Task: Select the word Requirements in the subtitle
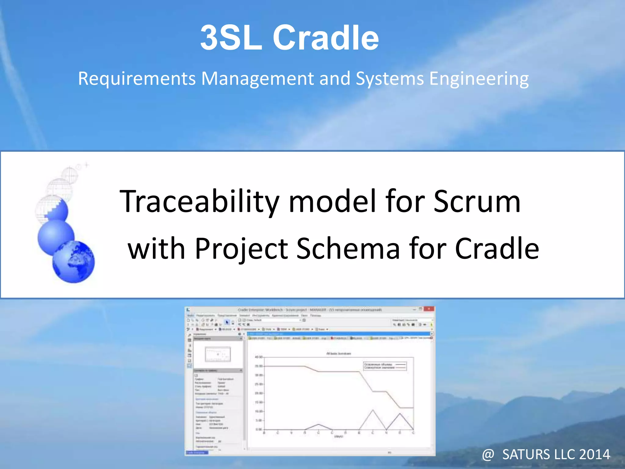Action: pos(137,79)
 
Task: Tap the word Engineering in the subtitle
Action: pos(479,79)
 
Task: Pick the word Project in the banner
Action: pos(241,249)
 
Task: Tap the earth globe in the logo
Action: pos(74,262)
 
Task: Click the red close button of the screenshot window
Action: pos(429,309)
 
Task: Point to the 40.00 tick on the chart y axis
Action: pos(258,357)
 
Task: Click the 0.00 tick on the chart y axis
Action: pos(258,429)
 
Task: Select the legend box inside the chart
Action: pos(385,366)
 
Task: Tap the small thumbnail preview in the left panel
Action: pos(218,354)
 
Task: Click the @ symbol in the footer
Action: pos(488,455)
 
